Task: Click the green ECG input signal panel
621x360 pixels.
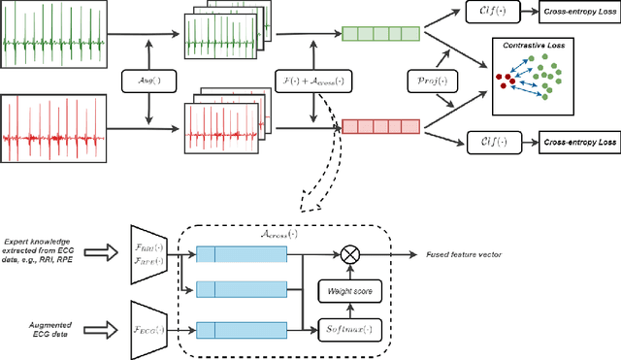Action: tap(58, 41)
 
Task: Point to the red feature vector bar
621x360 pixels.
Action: tap(379, 126)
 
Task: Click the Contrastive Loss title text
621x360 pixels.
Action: tap(532, 46)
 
